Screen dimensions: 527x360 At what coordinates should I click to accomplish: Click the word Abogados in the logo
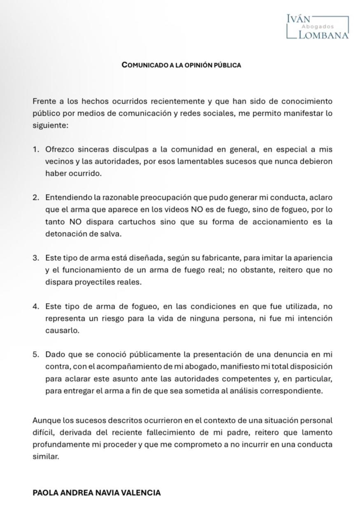(318, 27)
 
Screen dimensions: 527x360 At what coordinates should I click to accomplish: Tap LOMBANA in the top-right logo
(323, 35)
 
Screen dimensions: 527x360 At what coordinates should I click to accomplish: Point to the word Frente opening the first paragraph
(44, 101)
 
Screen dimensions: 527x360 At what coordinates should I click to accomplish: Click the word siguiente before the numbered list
(49, 125)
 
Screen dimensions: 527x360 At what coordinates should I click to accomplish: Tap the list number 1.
(36, 149)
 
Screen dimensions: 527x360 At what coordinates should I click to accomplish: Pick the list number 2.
(36, 198)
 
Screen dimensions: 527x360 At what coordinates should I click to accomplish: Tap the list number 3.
(36, 258)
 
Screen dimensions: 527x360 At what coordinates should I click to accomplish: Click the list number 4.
(36, 307)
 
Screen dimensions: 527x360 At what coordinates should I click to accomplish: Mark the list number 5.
(36, 354)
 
